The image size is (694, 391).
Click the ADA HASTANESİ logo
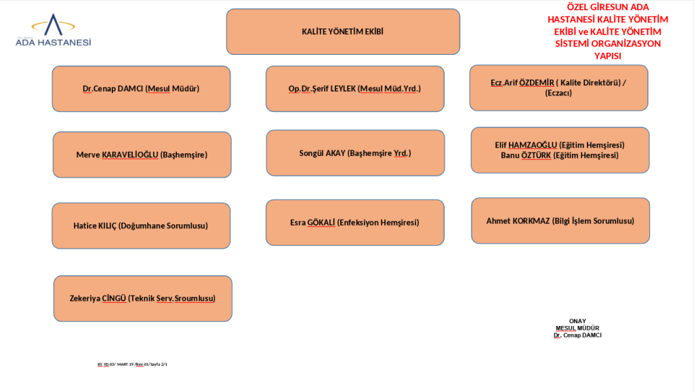click(54, 32)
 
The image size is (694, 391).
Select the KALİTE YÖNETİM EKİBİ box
click(343, 32)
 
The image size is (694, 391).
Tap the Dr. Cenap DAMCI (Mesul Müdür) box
click(141, 88)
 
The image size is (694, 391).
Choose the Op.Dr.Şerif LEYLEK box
click(354, 88)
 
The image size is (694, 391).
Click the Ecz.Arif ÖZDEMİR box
click(558, 87)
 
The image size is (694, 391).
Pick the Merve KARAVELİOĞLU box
click(142, 155)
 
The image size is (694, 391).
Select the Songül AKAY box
click(355, 153)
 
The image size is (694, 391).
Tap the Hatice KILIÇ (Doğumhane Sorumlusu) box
click(141, 226)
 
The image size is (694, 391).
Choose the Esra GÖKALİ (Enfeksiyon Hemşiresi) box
click(354, 222)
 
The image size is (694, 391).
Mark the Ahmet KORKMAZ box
click(560, 221)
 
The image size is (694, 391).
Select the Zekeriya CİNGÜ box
click(142, 298)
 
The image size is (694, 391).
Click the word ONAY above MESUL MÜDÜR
click(577, 321)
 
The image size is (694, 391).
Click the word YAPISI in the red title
click(607, 56)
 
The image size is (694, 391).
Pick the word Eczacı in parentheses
click(558, 93)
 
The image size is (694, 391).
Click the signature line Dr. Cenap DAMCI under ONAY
click(577, 335)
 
